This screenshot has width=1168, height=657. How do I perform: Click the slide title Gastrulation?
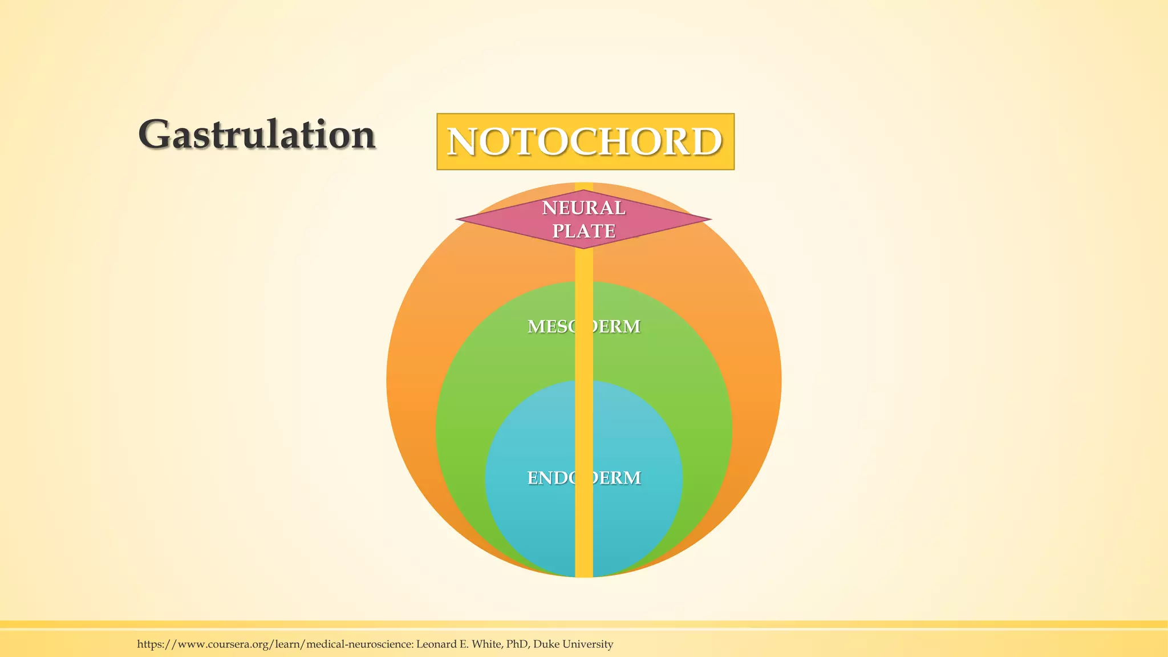pos(257,135)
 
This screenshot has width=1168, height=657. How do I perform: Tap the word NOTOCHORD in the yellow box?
pos(585,141)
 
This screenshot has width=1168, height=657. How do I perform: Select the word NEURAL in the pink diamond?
pos(583,208)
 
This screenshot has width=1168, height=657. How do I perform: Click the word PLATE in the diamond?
pos(583,231)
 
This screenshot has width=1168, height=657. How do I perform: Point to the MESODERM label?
pos(583,326)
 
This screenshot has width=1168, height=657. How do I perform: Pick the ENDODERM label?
pos(583,477)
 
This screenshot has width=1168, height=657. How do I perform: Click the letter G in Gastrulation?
pos(155,135)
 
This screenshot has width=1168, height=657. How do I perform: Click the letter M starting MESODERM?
pos(536,326)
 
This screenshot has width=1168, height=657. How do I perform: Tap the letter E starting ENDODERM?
pos(532,477)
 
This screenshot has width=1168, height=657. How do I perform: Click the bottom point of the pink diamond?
pos(583,247)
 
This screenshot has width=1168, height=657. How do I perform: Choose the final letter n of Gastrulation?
pos(363,137)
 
